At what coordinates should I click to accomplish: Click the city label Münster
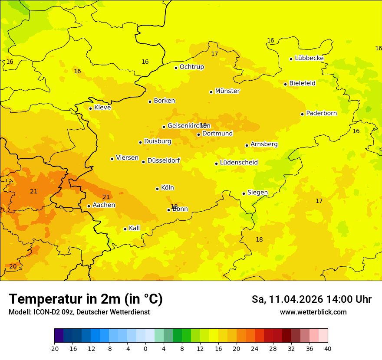tap(227, 91)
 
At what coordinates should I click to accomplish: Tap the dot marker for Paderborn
tap(302, 114)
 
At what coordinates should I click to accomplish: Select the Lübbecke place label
tap(309, 58)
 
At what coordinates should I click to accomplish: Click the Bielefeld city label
tap(302, 83)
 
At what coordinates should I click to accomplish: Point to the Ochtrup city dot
tap(176, 68)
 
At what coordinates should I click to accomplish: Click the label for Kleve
tap(102, 108)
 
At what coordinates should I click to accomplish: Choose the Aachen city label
tap(104, 205)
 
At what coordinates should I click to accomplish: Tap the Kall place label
tap(134, 228)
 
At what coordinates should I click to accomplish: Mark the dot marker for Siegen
tap(244, 193)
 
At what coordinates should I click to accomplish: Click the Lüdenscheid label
tap(239, 163)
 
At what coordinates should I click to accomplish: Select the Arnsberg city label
tap(264, 144)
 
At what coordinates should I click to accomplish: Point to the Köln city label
tap(167, 188)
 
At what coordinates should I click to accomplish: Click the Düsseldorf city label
tap(163, 160)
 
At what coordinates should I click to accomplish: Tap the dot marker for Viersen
tap(112, 159)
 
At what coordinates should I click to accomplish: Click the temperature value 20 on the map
tap(13, 266)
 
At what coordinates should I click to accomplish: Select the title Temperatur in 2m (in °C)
tap(86, 299)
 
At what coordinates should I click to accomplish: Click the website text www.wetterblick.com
tap(313, 312)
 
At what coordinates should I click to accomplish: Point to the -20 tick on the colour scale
tap(54, 349)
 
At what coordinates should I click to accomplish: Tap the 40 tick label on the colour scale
tap(328, 349)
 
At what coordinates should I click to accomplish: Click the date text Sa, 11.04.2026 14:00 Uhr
tap(311, 299)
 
